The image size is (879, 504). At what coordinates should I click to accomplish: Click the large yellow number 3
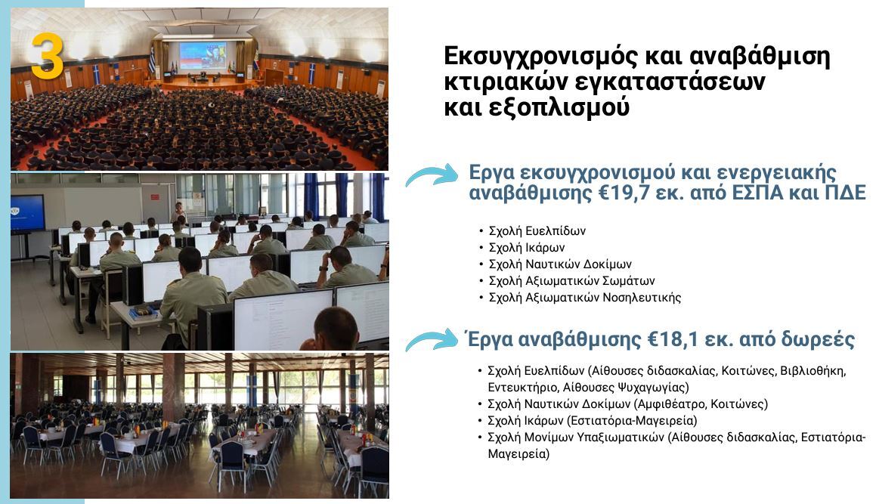click(47, 55)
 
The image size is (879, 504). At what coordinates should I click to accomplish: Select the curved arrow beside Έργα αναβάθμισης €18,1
click(432, 340)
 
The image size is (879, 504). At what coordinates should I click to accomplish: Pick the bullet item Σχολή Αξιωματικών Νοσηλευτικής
click(585, 297)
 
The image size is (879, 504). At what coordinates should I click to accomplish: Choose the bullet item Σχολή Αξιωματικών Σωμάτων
click(572, 280)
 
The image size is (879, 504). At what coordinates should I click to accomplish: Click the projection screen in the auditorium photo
click(203, 55)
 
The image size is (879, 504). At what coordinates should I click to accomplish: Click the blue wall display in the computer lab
click(27, 212)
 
